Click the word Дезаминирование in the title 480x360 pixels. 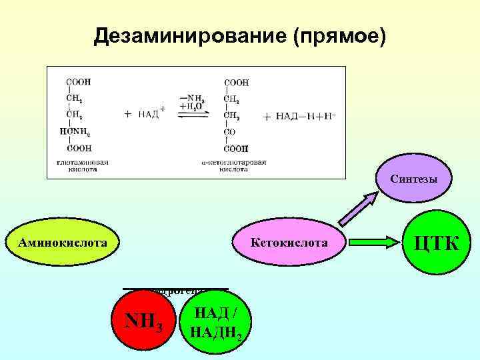click(189, 36)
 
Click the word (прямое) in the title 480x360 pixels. click(339, 36)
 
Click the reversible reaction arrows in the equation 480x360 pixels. click(193, 114)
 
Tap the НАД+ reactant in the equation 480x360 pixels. click(152, 114)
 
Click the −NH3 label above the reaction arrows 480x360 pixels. click(193, 99)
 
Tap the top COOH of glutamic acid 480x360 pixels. click(79, 81)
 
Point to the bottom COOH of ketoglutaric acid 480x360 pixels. click(236, 149)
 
